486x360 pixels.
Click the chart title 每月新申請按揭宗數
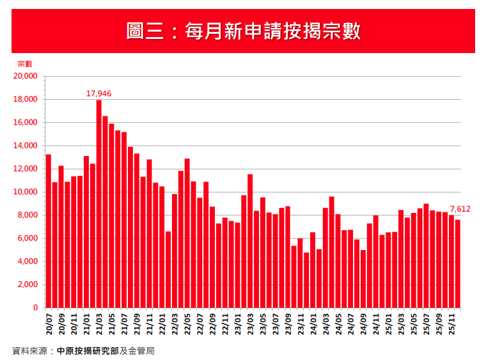tap(243, 31)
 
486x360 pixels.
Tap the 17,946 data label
tap(99, 93)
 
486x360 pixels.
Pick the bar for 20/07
tap(49, 231)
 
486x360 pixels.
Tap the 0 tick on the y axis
tap(35, 308)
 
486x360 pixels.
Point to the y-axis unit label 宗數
tap(24, 64)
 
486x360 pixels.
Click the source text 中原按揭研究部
tap(87, 351)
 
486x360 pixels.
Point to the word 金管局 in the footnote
tap(141, 351)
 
